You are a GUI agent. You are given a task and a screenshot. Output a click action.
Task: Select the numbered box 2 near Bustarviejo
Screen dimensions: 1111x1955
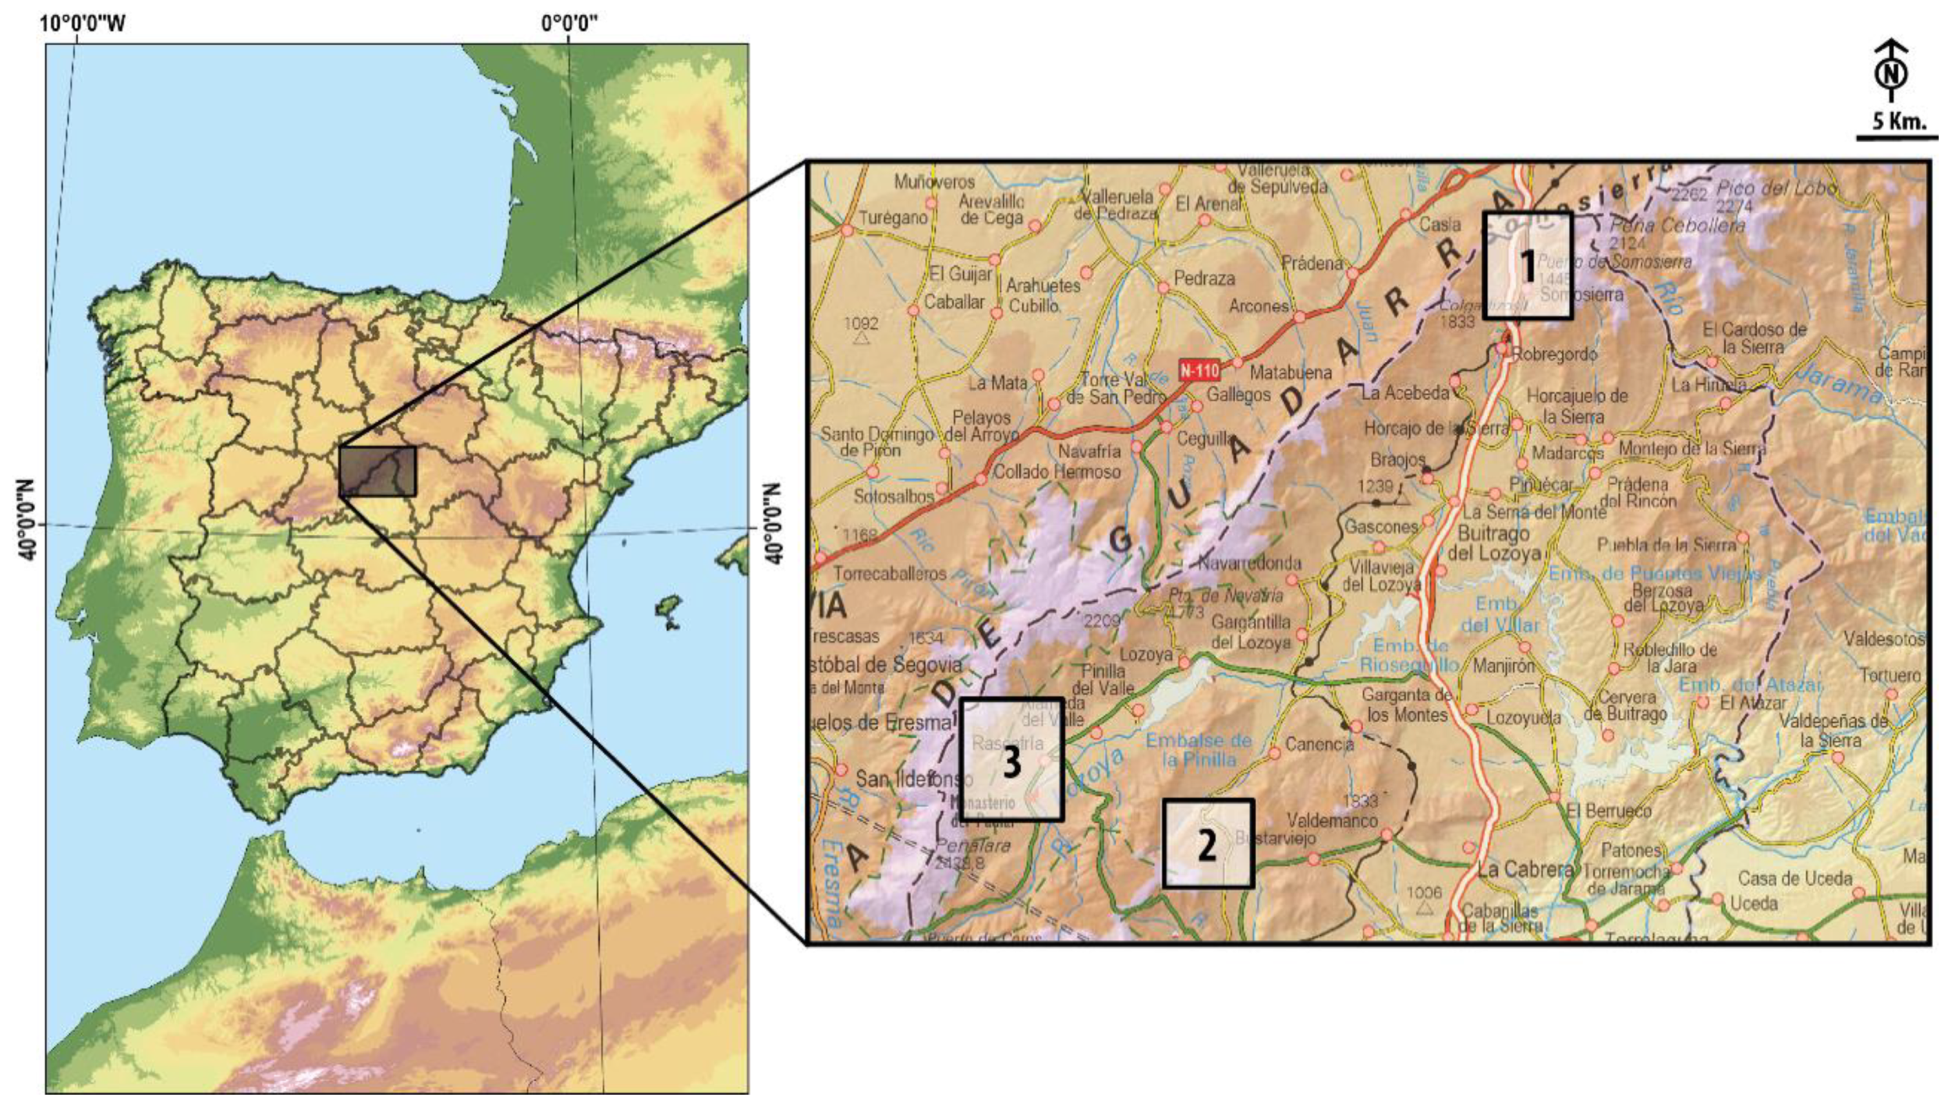[1207, 844]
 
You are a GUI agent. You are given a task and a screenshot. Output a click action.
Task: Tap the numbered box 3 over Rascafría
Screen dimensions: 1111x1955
[1011, 759]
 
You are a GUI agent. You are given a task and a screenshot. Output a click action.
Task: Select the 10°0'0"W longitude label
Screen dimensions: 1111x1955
[83, 23]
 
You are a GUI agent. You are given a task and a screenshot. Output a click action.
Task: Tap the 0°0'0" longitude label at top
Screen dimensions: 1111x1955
[569, 23]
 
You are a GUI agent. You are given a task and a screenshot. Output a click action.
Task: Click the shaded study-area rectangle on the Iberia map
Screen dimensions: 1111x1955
[377, 471]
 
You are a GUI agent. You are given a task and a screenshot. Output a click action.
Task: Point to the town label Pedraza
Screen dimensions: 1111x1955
[1204, 278]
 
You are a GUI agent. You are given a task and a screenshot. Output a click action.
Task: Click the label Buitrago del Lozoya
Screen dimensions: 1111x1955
[1494, 544]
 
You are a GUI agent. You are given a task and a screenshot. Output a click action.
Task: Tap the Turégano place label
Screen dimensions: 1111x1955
[893, 218]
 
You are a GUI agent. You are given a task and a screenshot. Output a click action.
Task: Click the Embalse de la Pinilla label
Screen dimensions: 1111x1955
[1198, 749]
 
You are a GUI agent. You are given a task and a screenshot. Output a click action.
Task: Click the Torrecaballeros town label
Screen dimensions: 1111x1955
[890, 574]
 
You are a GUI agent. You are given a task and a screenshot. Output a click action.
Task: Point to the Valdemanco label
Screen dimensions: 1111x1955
[1332, 820]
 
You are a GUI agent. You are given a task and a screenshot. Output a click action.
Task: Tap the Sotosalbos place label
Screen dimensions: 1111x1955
[893, 496]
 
